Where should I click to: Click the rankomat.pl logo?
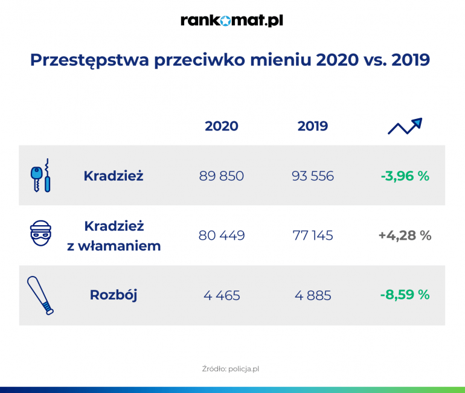232,21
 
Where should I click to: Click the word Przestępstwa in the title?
89,60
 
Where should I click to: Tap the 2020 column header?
222,126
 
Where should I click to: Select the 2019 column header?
313,126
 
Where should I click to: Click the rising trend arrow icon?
405,127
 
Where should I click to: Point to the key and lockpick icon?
40,176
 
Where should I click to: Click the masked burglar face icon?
40,233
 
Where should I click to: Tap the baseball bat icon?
40,295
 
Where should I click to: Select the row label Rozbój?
114,295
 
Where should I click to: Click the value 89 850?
222,176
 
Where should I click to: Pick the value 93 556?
313,176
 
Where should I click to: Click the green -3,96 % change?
405,176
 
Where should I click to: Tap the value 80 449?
222,235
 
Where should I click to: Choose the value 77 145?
313,235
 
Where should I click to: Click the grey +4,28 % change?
405,235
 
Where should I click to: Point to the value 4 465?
222,295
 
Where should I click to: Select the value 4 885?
313,295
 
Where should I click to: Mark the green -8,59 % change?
405,295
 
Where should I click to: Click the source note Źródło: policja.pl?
231,369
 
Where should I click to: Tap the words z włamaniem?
114,246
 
